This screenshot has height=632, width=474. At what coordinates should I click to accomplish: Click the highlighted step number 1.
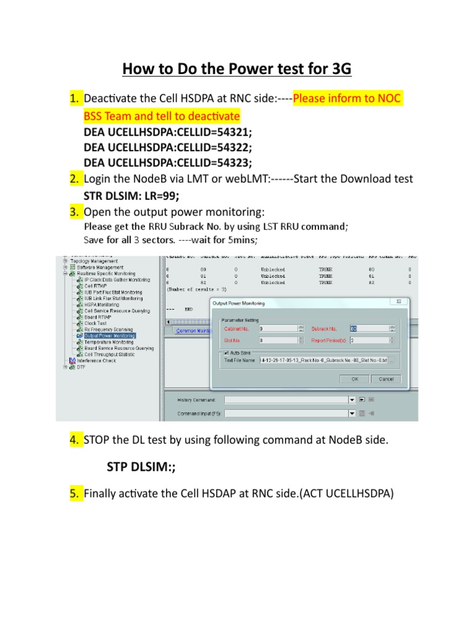(75, 99)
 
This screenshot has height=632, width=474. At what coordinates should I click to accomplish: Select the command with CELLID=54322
(168, 147)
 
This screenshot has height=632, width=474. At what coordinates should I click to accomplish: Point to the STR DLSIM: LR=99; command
(131, 196)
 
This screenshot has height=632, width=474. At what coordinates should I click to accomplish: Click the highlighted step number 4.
(75, 439)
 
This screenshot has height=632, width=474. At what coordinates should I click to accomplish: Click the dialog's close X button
(399, 302)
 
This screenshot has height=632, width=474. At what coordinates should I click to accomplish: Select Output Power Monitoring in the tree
(110, 336)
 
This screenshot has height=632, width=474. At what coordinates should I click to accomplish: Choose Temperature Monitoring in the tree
(109, 342)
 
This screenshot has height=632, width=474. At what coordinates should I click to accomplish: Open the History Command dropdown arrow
(352, 399)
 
